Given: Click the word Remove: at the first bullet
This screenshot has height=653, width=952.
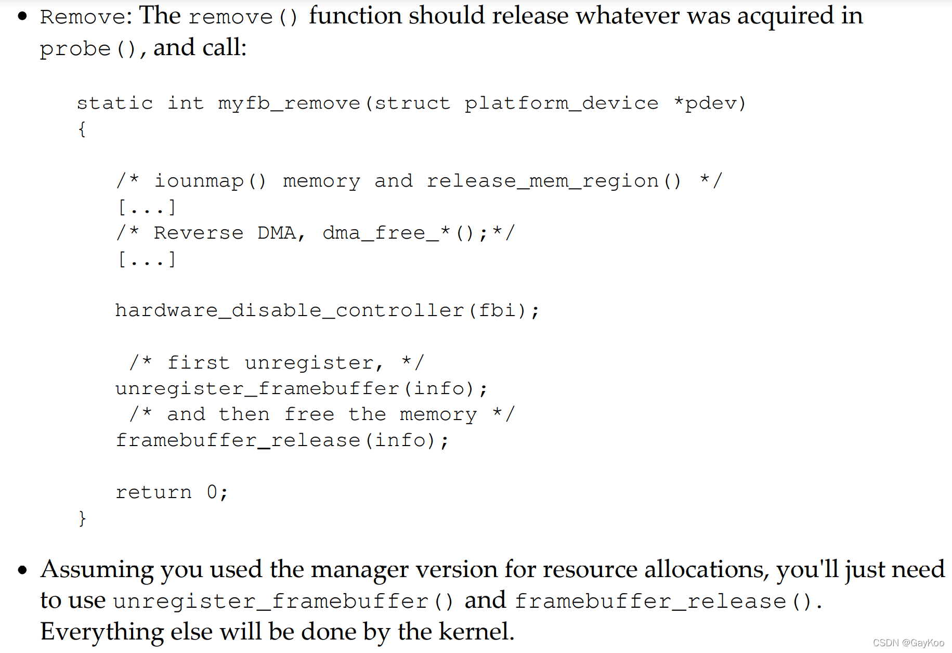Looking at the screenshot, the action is point(83,17).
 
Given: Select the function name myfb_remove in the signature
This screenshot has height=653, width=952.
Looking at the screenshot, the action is point(289,103).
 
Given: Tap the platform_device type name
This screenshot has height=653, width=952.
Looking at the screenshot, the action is point(561,103).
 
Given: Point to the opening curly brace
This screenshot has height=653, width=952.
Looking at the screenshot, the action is point(82,129).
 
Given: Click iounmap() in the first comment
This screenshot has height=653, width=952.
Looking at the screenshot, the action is point(210,181).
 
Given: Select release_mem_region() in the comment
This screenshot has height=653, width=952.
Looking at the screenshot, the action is point(554,181).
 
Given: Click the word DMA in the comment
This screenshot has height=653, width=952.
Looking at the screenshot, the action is point(277,233).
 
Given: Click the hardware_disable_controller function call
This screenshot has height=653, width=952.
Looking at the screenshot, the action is point(289,310).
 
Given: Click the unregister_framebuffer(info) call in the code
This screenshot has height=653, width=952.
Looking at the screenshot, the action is point(301,388).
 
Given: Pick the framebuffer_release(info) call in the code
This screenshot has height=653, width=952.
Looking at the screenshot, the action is point(281,440).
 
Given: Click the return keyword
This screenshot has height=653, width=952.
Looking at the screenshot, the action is point(153,492).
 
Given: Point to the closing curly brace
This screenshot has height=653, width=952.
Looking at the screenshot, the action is point(82,518).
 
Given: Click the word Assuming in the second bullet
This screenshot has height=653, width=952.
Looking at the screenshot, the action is point(97,570).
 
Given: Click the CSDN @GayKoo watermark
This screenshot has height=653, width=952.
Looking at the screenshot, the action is point(908,643).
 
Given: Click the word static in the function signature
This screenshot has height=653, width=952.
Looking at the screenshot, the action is point(115,103).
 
